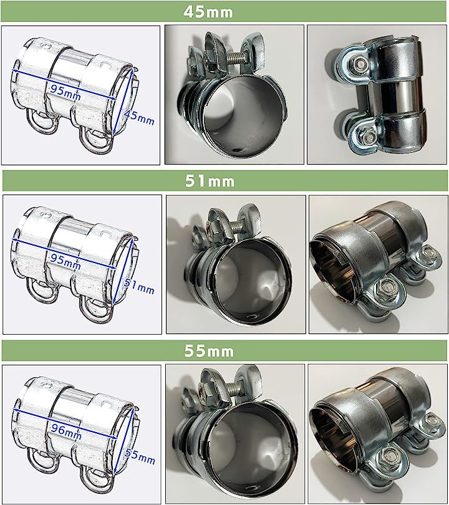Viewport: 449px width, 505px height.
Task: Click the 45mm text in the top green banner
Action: pyautogui.click(x=208, y=12)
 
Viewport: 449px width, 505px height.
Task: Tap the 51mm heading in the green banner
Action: pyautogui.click(x=210, y=181)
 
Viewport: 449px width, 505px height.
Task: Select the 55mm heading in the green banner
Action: pyautogui.click(x=209, y=351)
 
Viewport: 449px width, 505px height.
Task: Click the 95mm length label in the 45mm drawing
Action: pyautogui.click(x=65, y=92)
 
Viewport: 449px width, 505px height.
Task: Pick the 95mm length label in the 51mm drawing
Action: pyautogui.click(x=65, y=261)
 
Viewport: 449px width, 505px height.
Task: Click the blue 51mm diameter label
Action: pyautogui.click(x=139, y=286)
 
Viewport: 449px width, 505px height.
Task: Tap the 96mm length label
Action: pyautogui.click(x=66, y=431)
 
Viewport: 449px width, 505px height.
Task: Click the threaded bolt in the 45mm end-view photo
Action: pyautogui.click(x=231, y=60)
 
